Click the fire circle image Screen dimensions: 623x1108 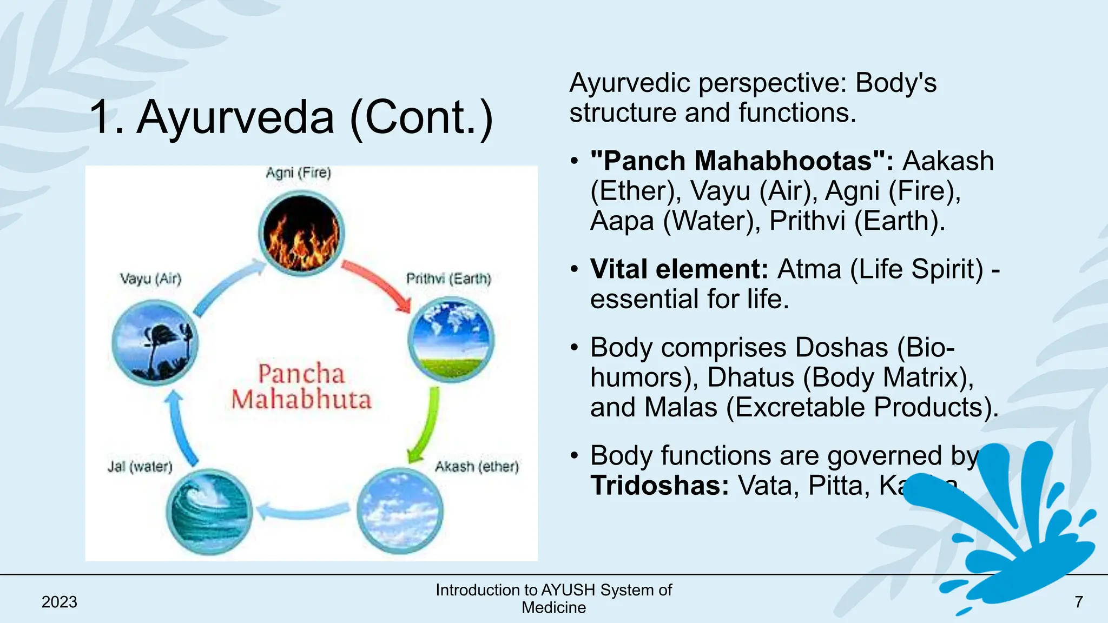pos(301,234)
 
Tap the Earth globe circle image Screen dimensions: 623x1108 pos(450,340)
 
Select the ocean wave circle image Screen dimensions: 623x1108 pos(209,512)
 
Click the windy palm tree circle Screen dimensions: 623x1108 pos(155,343)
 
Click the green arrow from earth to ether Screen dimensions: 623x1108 pos(425,425)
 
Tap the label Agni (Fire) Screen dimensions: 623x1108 pos(298,173)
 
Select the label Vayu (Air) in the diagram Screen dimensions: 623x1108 pos(150,279)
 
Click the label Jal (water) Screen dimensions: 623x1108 pos(140,466)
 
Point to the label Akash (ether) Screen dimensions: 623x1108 pos(477,466)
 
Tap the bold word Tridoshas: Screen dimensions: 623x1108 pos(659,485)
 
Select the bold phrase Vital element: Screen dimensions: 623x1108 pos(679,269)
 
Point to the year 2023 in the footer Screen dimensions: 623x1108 pos(60,602)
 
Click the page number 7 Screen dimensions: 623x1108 pos(1078,602)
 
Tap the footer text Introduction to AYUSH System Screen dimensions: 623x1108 pos(553,590)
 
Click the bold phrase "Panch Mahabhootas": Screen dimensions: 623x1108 pos(742,161)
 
